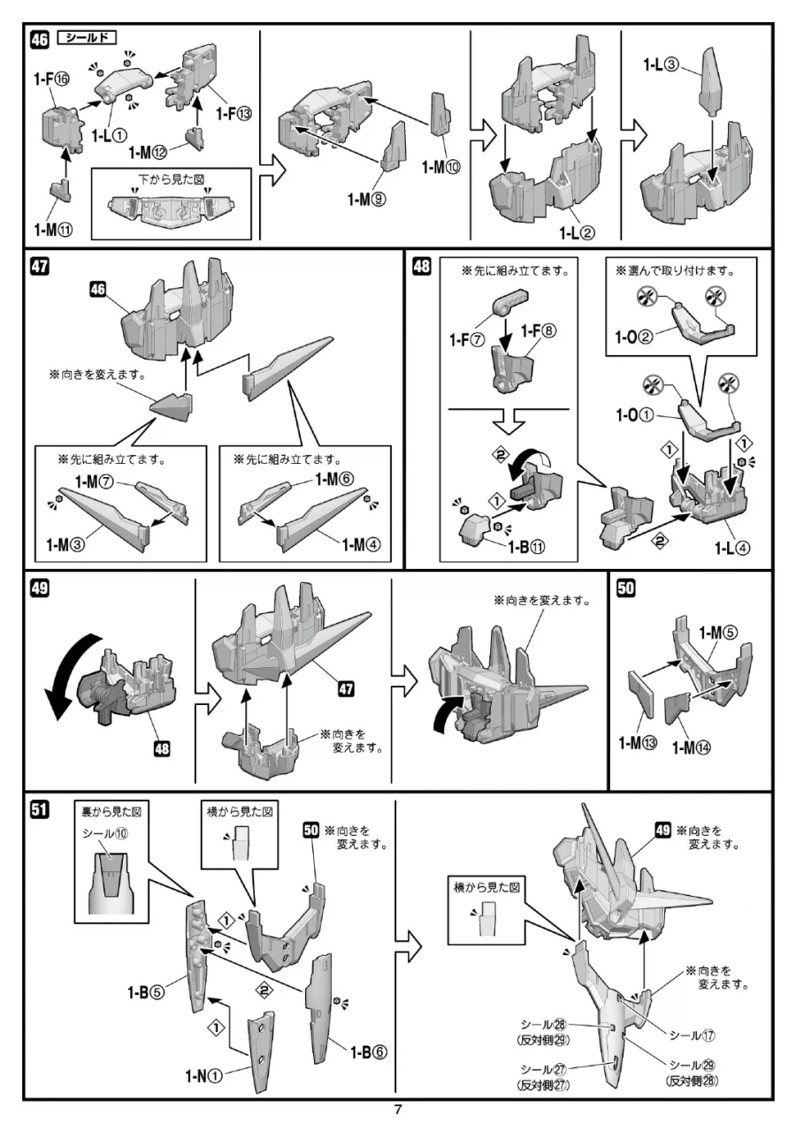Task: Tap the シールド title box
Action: click(87, 38)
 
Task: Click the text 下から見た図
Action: click(172, 178)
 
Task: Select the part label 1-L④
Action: click(733, 547)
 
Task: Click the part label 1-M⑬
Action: click(638, 741)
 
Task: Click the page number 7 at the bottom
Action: click(398, 1110)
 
